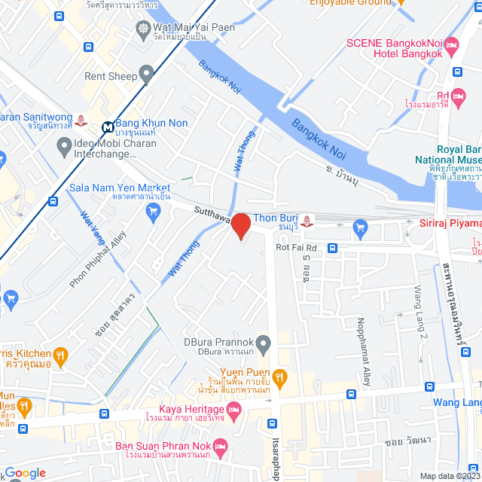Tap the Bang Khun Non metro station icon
pos(108,127)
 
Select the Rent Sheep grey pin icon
pos(147,73)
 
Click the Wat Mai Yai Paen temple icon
pos(143,29)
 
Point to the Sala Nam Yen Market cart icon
pos(154,211)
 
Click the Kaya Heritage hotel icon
pos(233,411)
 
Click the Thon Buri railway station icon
pos(316,221)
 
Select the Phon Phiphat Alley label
pos(98,258)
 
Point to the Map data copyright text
pos(450,476)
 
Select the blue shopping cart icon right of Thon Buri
pos(359,225)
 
